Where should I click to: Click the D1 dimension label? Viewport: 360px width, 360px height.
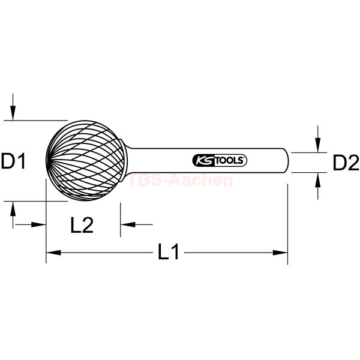(x=13, y=161)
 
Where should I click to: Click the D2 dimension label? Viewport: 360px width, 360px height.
(x=346, y=163)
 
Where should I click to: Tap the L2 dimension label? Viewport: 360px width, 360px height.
(x=82, y=225)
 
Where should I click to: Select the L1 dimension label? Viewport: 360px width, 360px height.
(x=168, y=251)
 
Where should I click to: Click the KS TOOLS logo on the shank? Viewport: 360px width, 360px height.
(x=220, y=160)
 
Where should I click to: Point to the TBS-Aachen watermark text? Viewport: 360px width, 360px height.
(x=181, y=180)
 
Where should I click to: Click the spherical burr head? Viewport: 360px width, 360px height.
(x=86, y=160)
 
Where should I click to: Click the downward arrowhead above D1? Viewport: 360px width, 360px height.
(x=13, y=113)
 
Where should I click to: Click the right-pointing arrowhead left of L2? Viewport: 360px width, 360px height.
(x=38, y=224)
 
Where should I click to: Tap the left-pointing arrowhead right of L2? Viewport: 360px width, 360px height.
(x=128, y=224)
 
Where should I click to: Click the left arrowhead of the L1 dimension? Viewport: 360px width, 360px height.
(x=53, y=253)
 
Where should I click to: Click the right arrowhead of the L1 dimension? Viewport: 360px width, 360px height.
(x=280, y=253)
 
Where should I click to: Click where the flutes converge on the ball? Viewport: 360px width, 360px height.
(x=47, y=160)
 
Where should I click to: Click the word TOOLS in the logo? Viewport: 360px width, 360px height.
(x=229, y=160)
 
